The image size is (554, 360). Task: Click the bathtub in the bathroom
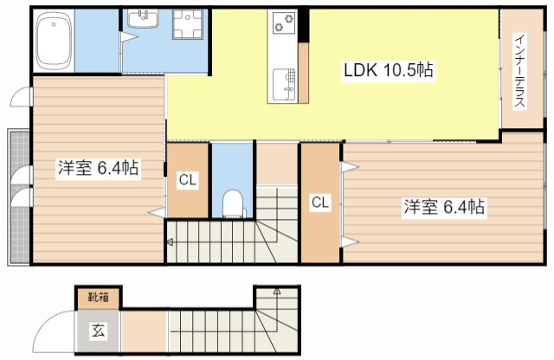click(54, 41)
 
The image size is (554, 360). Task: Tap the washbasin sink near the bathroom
click(143, 19)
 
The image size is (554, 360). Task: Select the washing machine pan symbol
click(188, 23)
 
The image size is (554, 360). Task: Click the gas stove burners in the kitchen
click(284, 22)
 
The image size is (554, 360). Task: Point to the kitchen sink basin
click(284, 84)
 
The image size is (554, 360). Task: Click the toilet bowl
click(233, 204)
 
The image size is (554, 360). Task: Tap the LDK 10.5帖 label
click(389, 70)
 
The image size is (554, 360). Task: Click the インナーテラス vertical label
click(519, 71)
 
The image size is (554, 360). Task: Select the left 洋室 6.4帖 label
click(98, 168)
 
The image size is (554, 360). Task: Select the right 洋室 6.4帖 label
click(444, 206)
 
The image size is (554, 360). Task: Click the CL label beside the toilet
click(187, 180)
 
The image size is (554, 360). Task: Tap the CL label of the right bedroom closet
click(320, 202)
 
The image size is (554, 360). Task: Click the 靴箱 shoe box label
click(98, 297)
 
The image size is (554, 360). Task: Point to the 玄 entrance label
click(98, 331)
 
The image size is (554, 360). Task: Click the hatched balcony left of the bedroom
click(19, 197)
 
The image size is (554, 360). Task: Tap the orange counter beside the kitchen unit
click(303, 74)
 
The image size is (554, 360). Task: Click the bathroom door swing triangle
click(128, 37)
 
